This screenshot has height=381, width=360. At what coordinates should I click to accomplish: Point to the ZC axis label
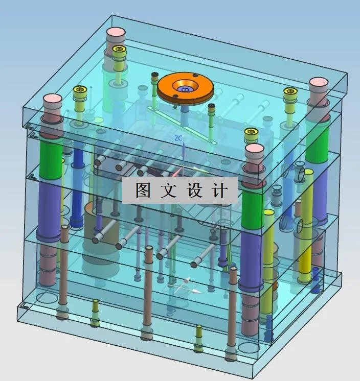tap(178, 138)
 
